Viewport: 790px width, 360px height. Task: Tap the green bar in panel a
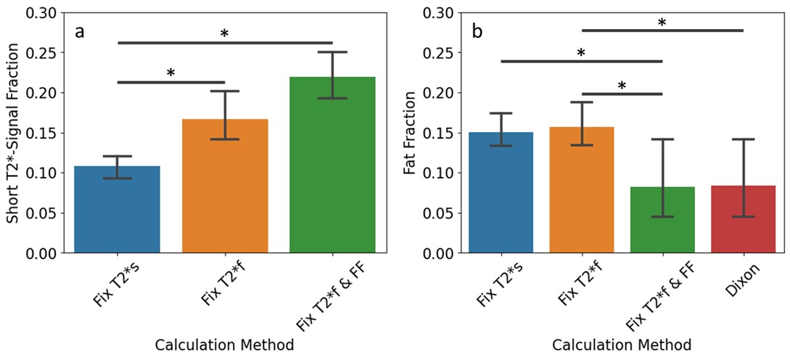point(332,167)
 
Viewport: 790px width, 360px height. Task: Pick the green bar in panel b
point(662,221)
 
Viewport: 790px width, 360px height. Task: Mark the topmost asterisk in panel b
point(662,22)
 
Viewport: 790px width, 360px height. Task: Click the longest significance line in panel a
point(225,43)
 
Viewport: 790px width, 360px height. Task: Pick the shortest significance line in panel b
point(622,94)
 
